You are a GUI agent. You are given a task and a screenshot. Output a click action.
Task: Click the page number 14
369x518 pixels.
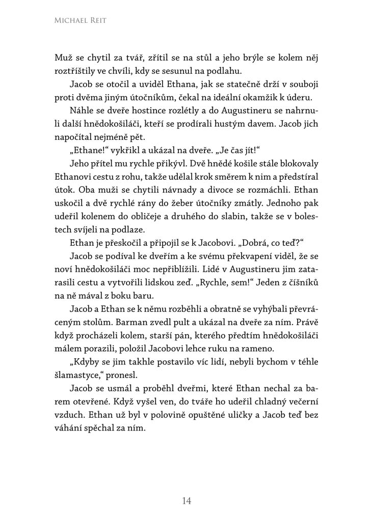pos(186,501)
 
